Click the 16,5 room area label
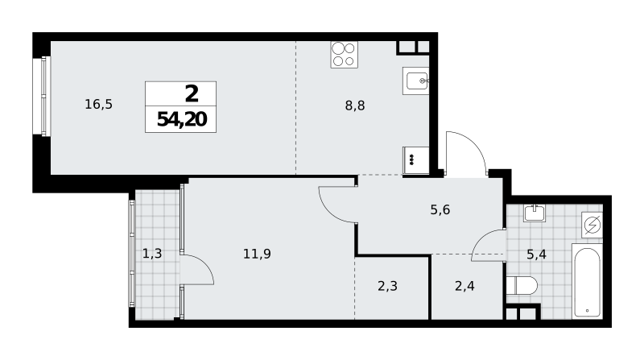pyautogui.click(x=98, y=105)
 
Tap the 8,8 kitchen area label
pyautogui.click(x=355, y=106)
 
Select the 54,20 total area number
pyautogui.click(x=182, y=119)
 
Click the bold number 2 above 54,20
pyautogui.click(x=192, y=93)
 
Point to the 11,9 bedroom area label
pyautogui.click(x=257, y=254)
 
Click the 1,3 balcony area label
pyautogui.click(x=152, y=254)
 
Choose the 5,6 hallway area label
pyautogui.click(x=440, y=210)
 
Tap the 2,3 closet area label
pyautogui.click(x=388, y=286)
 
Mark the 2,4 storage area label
pyautogui.click(x=465, y=286)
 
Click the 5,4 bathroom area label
pyautogui.click(x=536, y=254)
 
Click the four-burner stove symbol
pyautogui.click(x=345, y=55)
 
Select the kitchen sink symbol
pyautogui.click(x=415, y=81)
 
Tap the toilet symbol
pyautogui.click(x=522, y=286)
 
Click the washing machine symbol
pyautogui.click(x=592, y=225)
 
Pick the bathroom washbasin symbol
pyautogui.click(x=535, y=213)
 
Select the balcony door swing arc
pyautogui.click(x=204, y=263)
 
